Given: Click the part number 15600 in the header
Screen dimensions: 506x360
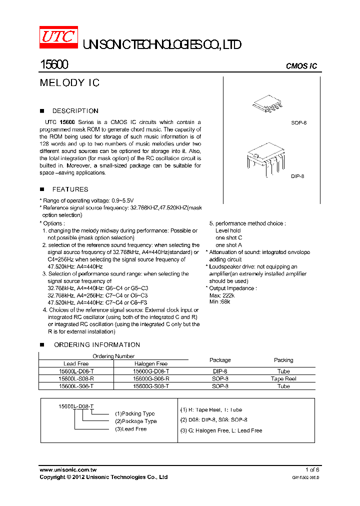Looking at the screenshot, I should pos(54,65).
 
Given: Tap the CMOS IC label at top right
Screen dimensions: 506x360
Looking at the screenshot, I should pos(301,66).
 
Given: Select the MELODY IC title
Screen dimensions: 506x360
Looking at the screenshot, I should pos(69,83).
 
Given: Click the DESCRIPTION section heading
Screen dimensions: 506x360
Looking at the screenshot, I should pos(75,111).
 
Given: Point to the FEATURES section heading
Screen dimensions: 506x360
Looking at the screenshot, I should pos(70,189).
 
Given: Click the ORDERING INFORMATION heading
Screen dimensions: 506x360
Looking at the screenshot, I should pos(96,345).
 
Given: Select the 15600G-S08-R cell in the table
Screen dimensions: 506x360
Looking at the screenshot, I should pos(151,379).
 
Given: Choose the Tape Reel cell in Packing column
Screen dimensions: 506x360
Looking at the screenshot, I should pos(283,379).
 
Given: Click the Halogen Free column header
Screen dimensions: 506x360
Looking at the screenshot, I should pos(151,364).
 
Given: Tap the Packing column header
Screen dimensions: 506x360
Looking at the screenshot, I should pos(283,360).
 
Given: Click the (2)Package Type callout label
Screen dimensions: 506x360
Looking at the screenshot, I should pos(135,421).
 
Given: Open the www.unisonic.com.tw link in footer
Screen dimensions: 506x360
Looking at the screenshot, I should pos(68,470).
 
